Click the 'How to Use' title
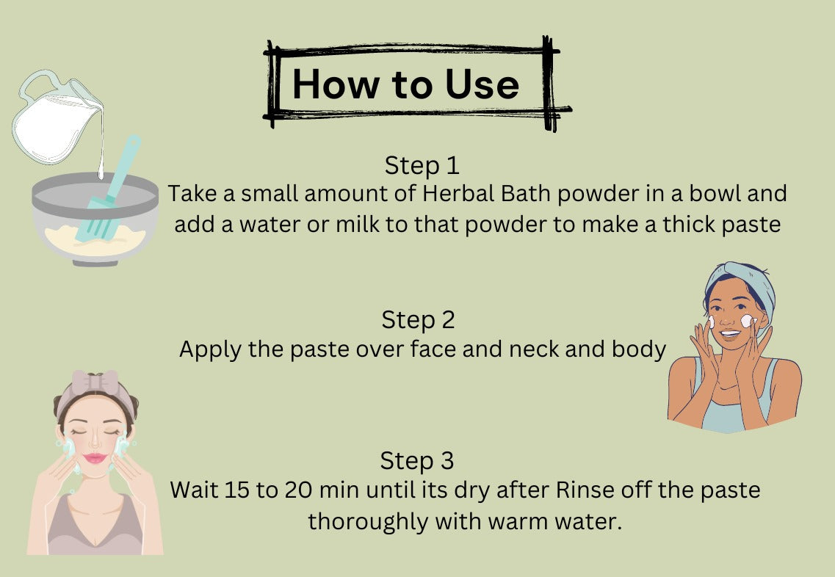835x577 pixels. [x=406, y=84]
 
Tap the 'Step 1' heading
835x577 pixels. [x=422, y=166]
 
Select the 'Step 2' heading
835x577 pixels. [x=418, y=320]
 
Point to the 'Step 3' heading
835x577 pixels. [x=417, y=460]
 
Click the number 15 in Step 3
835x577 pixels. [x=237, y=490]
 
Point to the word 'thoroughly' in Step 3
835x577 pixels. [x=368, y=522]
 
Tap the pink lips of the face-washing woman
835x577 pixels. [x=95, y=458]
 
